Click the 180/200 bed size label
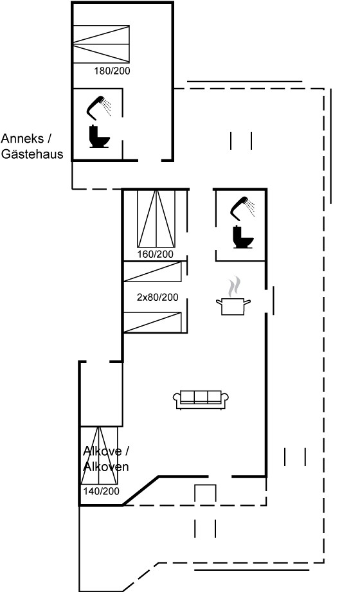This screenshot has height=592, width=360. coord(112,71)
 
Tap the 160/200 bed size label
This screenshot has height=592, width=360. coord(156,254)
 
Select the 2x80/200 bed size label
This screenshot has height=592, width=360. coord(157,297)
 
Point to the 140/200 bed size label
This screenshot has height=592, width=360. coord(101,491)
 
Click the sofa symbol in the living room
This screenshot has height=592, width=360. coord(201,399)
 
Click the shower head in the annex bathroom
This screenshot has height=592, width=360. coord(98,107)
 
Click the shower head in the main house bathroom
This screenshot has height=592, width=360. coord(242,208)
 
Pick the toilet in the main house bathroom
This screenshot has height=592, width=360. coord(243,237)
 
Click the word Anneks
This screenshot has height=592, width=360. coord(22,139)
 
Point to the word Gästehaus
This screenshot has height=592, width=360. coord(32,154)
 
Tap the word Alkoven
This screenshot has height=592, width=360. coord(106,467)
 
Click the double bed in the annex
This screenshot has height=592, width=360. coord(101,44)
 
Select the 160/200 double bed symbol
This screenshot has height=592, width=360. coord(156,219)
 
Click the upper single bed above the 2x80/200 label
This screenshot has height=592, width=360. coord(153,271)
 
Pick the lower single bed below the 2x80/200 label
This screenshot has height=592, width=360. coord(153,323)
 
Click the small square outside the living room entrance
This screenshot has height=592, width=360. coord(205,494)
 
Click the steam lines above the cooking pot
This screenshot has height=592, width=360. coord(234,286)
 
